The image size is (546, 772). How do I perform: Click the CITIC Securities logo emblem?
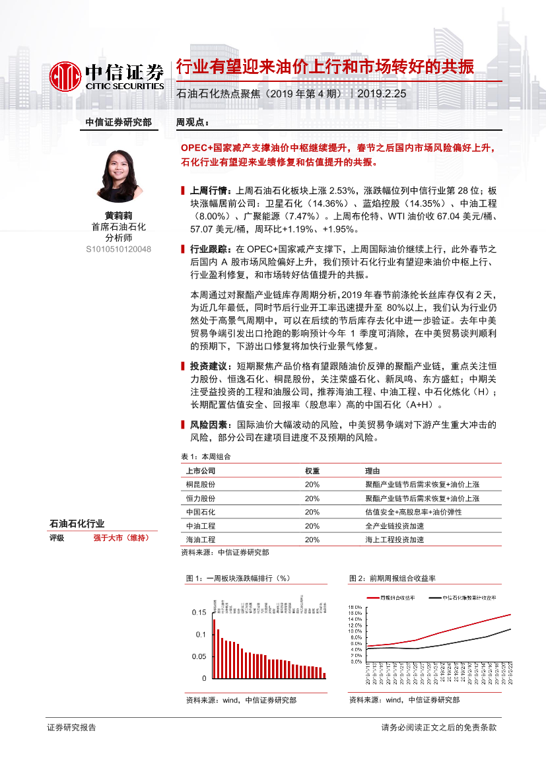pos(66,76)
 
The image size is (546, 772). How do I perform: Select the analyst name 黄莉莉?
pos(119,215)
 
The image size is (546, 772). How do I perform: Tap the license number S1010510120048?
pos(119,249)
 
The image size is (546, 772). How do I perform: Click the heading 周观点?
pos(192,122)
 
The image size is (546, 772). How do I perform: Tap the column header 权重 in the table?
pos(312,471)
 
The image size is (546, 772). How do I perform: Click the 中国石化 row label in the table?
pos(201,512)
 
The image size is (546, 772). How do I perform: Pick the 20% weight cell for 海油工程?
pos(312,540)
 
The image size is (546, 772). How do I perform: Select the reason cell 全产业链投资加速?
pos(395,526)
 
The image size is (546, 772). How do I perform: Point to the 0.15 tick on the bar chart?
pos(199,613)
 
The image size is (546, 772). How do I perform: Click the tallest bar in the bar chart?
pos(214,648)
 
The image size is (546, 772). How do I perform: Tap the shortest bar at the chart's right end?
pos(324,675)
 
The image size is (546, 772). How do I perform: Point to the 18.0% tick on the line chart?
pos(355,606)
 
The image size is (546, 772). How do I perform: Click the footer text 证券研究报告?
pos(72,727)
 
